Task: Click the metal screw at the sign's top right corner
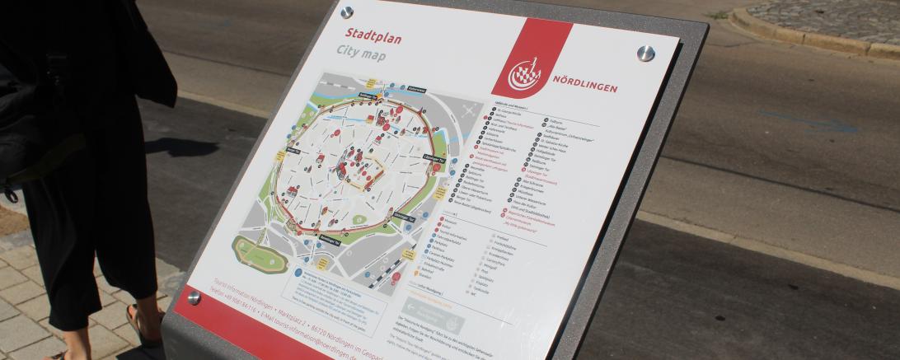point(645,54)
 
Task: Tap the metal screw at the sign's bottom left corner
point(194,297)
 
